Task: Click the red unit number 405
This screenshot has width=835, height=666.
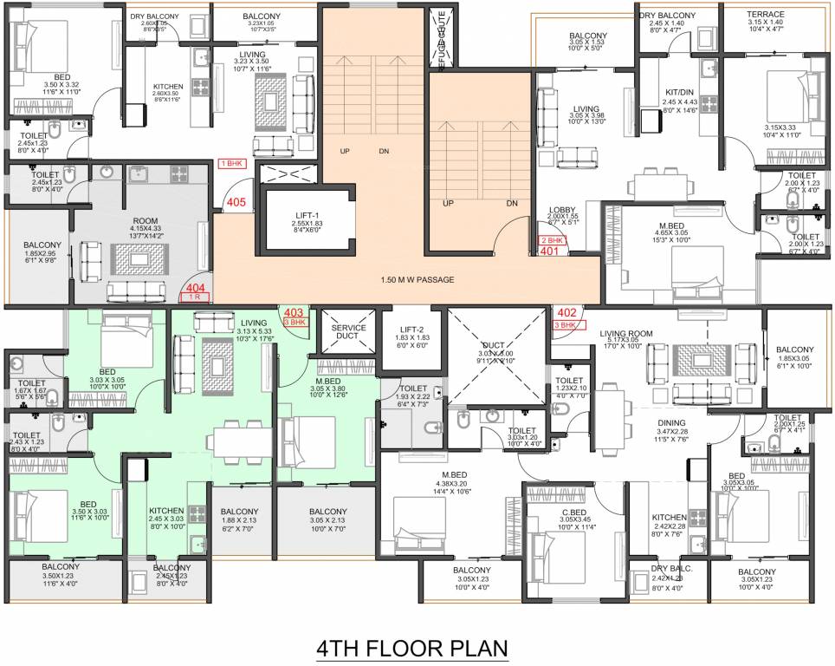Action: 235,203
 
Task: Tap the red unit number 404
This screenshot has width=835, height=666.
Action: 195,286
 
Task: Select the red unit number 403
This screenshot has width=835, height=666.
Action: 294,312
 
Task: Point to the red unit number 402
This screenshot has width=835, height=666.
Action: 566,313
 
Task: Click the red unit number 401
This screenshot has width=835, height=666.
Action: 549,251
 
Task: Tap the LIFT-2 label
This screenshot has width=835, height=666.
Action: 412,329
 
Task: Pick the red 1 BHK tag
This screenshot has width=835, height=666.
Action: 232,163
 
